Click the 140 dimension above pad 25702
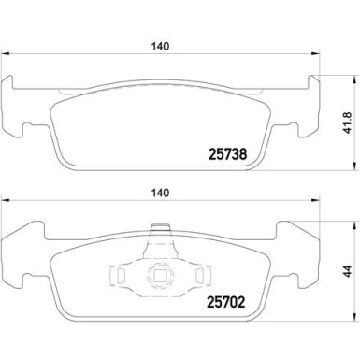[160, 193]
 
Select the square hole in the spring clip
[160, 275]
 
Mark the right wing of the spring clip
[198, 274]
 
